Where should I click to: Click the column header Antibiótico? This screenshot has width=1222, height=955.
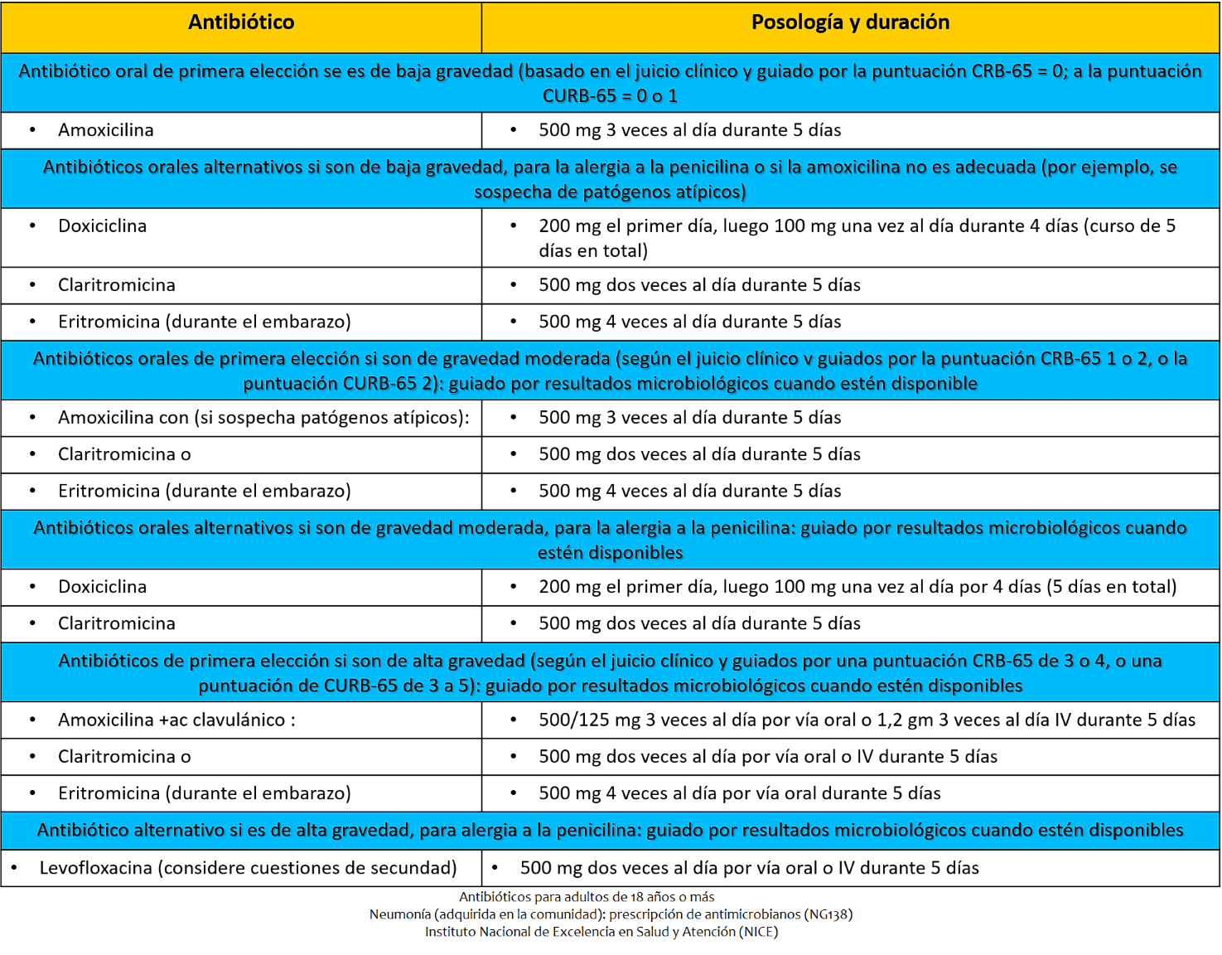tap(241, 22)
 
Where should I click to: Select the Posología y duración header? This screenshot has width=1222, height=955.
tap(850, 22)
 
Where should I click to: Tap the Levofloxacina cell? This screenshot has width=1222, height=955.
tap(248, 868)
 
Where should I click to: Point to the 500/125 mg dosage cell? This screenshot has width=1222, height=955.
tap(867, 720)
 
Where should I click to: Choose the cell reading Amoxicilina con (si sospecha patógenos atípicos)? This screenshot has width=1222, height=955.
tap(263, 418)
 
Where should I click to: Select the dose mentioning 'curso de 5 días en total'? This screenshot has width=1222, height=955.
tap(857, 238)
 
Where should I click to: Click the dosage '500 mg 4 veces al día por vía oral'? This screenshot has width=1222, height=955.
tap(740, 793)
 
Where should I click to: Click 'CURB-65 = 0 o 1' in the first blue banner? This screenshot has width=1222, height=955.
tap(610, 96)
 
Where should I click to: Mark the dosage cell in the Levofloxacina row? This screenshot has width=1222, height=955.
tap(749, 868)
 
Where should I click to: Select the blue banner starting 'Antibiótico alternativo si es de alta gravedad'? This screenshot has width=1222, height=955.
tap(610, 830)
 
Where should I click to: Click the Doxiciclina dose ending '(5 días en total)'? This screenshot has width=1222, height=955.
tap(857, 587)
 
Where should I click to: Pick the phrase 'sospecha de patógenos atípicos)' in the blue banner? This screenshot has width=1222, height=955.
tap(610, 192)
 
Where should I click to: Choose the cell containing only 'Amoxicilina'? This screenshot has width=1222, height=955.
tap(106, 130)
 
